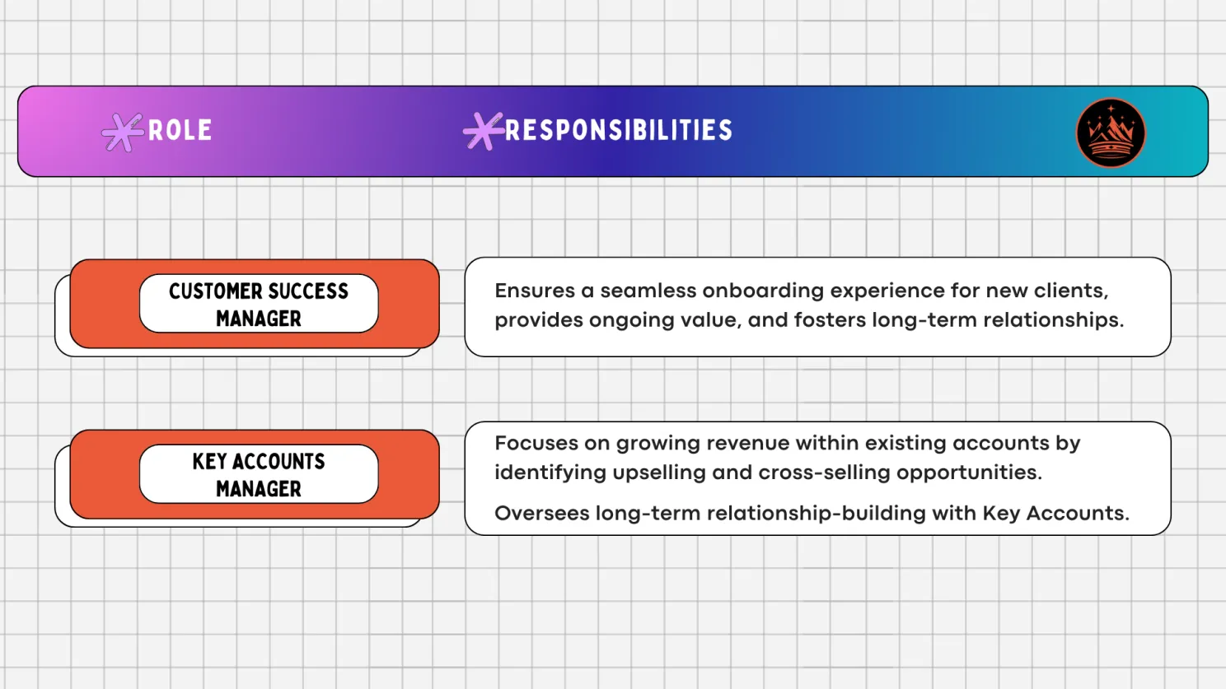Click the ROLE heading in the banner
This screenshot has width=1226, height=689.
point(180,130)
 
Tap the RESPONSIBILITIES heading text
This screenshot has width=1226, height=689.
point(618,130)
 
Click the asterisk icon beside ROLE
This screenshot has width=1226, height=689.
point(122,132)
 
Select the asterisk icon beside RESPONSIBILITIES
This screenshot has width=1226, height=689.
point(483,131)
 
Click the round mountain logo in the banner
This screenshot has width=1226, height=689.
point(1111,133)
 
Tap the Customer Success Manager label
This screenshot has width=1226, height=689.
point(259,304)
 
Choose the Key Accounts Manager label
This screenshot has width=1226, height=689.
point(259,474)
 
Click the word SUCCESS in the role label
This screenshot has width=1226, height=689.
point(308,291)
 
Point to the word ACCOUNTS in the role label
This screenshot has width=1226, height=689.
point(278,462)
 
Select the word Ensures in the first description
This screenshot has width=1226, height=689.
point(535,291)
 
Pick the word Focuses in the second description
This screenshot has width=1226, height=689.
point(536,443)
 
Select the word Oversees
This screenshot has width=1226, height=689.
point(540,514)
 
